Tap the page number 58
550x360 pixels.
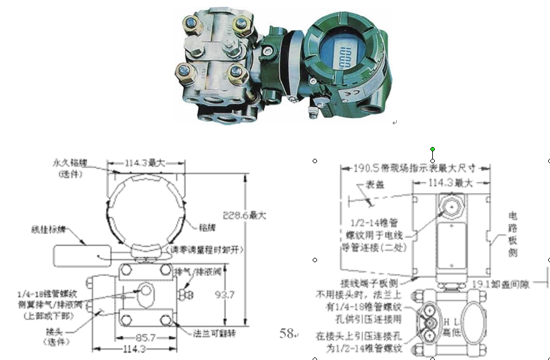(x=287, y=334)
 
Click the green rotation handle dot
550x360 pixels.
(x=433, y=149)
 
